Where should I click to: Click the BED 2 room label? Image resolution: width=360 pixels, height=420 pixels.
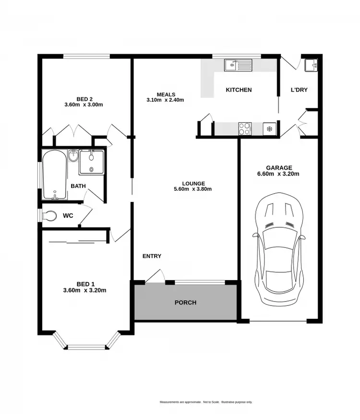click(84, 99)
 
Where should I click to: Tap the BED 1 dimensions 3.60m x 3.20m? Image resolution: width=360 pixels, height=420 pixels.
click(84, 290)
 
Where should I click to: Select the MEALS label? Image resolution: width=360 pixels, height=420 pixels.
click(166, 94)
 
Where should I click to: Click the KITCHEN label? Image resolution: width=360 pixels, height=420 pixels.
click(239, 90)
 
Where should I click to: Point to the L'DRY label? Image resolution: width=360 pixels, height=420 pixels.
click(299, 90)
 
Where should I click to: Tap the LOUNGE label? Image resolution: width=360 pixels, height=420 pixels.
click(193, 183)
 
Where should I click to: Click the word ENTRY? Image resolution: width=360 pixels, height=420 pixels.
click(152, 256)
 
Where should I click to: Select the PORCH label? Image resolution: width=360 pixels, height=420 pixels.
click(185, 303)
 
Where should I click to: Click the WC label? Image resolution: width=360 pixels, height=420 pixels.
click(68, 216)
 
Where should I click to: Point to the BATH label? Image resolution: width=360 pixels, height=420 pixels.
click(78, 186)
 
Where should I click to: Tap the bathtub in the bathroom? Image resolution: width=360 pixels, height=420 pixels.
click(54, 175)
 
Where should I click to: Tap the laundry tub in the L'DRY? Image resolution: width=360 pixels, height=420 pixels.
click(310, 65)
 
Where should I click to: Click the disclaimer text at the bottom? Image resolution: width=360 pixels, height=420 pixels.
click(206, 402)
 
